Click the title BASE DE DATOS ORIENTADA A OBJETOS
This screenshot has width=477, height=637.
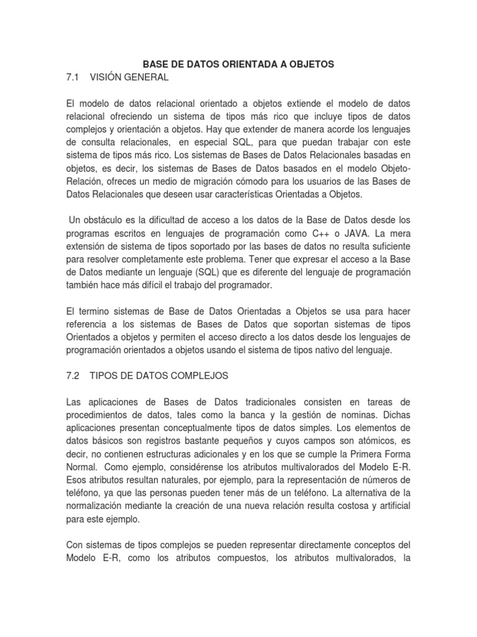(238, 64)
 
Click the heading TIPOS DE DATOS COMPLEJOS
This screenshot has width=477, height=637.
(160, 376)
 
